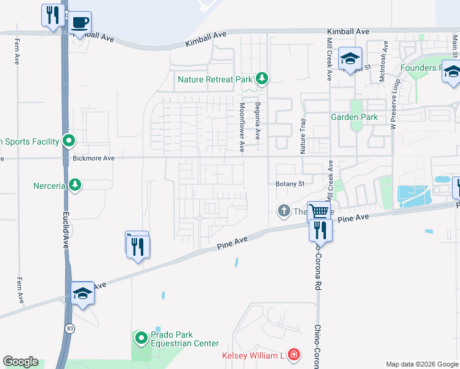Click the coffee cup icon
[80, 23]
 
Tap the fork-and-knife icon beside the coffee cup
[52, 14]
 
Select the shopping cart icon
[319, 212]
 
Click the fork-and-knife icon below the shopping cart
[320, 231]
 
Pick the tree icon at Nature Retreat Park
[263, 78]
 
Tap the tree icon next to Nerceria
[75, 184]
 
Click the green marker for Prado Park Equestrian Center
[141, 338]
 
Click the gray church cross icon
[284, 212]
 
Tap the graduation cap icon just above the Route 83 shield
[82, 293]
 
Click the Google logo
[20, 362]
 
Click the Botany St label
[290, 183]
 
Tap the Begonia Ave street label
[258, 121]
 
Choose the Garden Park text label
[353, 117]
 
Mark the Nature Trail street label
[303, 137]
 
